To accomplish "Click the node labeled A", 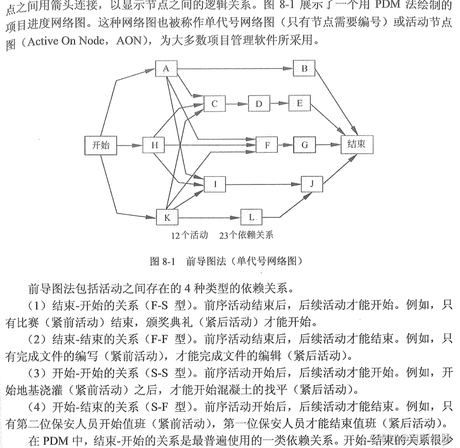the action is [x=166, y=68].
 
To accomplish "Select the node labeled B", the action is [x=304, y=68].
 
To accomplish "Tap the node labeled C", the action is [x=214, y=103].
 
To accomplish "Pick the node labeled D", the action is [x=259, y=103].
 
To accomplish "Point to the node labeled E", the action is [x=300, y=103].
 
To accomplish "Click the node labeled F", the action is [x=266, y=144].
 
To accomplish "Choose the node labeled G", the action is [x=304, y=144].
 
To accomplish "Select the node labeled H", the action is [x=154, y=144].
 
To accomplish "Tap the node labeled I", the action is [x=215, y=184].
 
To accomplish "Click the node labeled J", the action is [x=311, y=184].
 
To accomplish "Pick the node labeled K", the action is [x=167, y=217].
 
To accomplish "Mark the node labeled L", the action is [x=251, y=217].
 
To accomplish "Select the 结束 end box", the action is [x=356, y=144].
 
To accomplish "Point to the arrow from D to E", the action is [x=279, y=103].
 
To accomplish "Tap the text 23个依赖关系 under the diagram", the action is [x=246, y=236].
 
